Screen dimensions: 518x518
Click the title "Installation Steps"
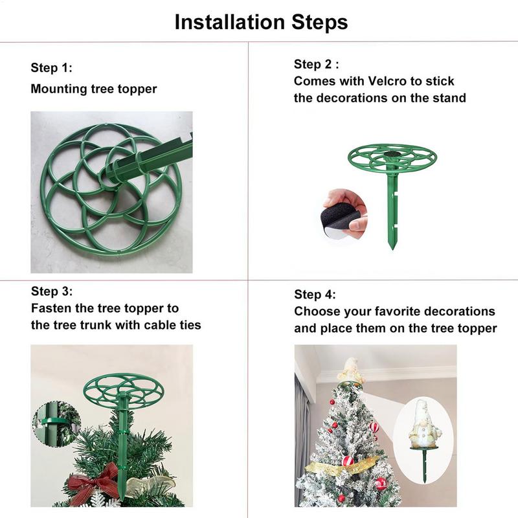pyautogui.click(x=261, y=21)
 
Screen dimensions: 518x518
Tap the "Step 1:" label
pyautogui.click(x=52, y=68)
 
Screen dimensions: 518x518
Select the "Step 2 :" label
pyautogui.click(x=317, y=64)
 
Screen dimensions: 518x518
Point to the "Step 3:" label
pyautogui.click(x=52, y=291)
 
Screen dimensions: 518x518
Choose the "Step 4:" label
pyautogui.click(x=315, y=295)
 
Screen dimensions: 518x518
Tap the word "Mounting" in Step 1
pyautogui.click(x=56, y=89)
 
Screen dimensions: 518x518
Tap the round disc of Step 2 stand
pyautogui.click(x=394, y=155)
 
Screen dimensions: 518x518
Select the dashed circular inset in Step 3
pyautogui.click(x=56, y=425)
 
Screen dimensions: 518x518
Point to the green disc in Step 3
pyautogui.click(x=123, y=388)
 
